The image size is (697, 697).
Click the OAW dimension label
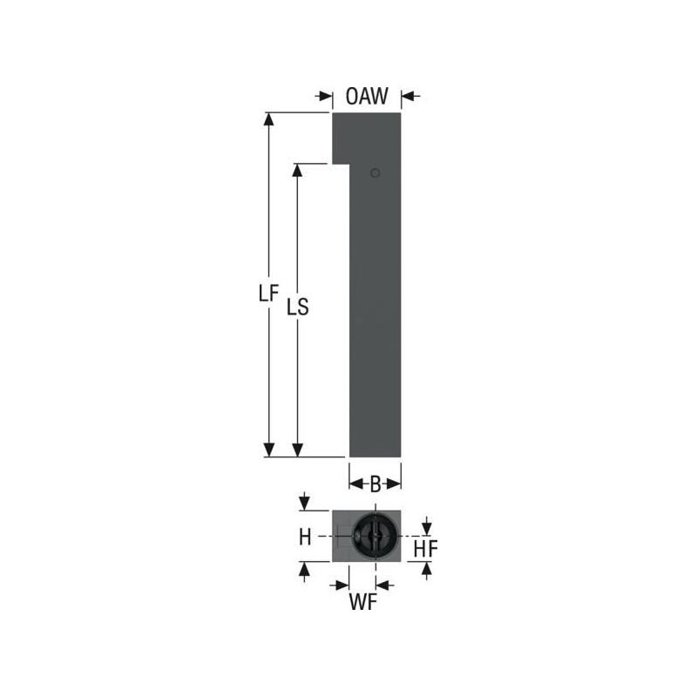366,97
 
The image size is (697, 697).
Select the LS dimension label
299,307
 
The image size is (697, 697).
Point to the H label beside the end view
304,538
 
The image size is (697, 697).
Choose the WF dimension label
363,603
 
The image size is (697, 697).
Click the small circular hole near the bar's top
375,173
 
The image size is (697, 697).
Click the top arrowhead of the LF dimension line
269,119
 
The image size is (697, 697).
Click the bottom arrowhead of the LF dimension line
269,450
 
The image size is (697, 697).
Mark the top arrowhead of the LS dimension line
297,170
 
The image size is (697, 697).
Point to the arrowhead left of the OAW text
326,97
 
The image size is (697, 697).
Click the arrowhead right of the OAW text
409,97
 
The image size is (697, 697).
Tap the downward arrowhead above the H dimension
304,504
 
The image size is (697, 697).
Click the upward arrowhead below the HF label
426,569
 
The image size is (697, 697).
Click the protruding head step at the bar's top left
340,138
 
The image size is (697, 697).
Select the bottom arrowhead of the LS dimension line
297,450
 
